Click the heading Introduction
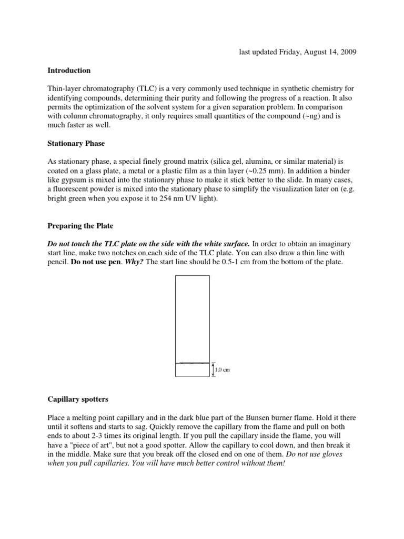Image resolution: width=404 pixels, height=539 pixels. tap(69, 71)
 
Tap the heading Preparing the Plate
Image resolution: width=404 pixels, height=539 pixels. tap(80, 226)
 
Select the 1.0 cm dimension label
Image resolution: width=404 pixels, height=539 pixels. tap(223, 370)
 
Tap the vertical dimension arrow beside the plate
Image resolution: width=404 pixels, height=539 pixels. tap(213, 370)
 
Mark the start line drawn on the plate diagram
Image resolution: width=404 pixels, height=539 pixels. tap(192, 363)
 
